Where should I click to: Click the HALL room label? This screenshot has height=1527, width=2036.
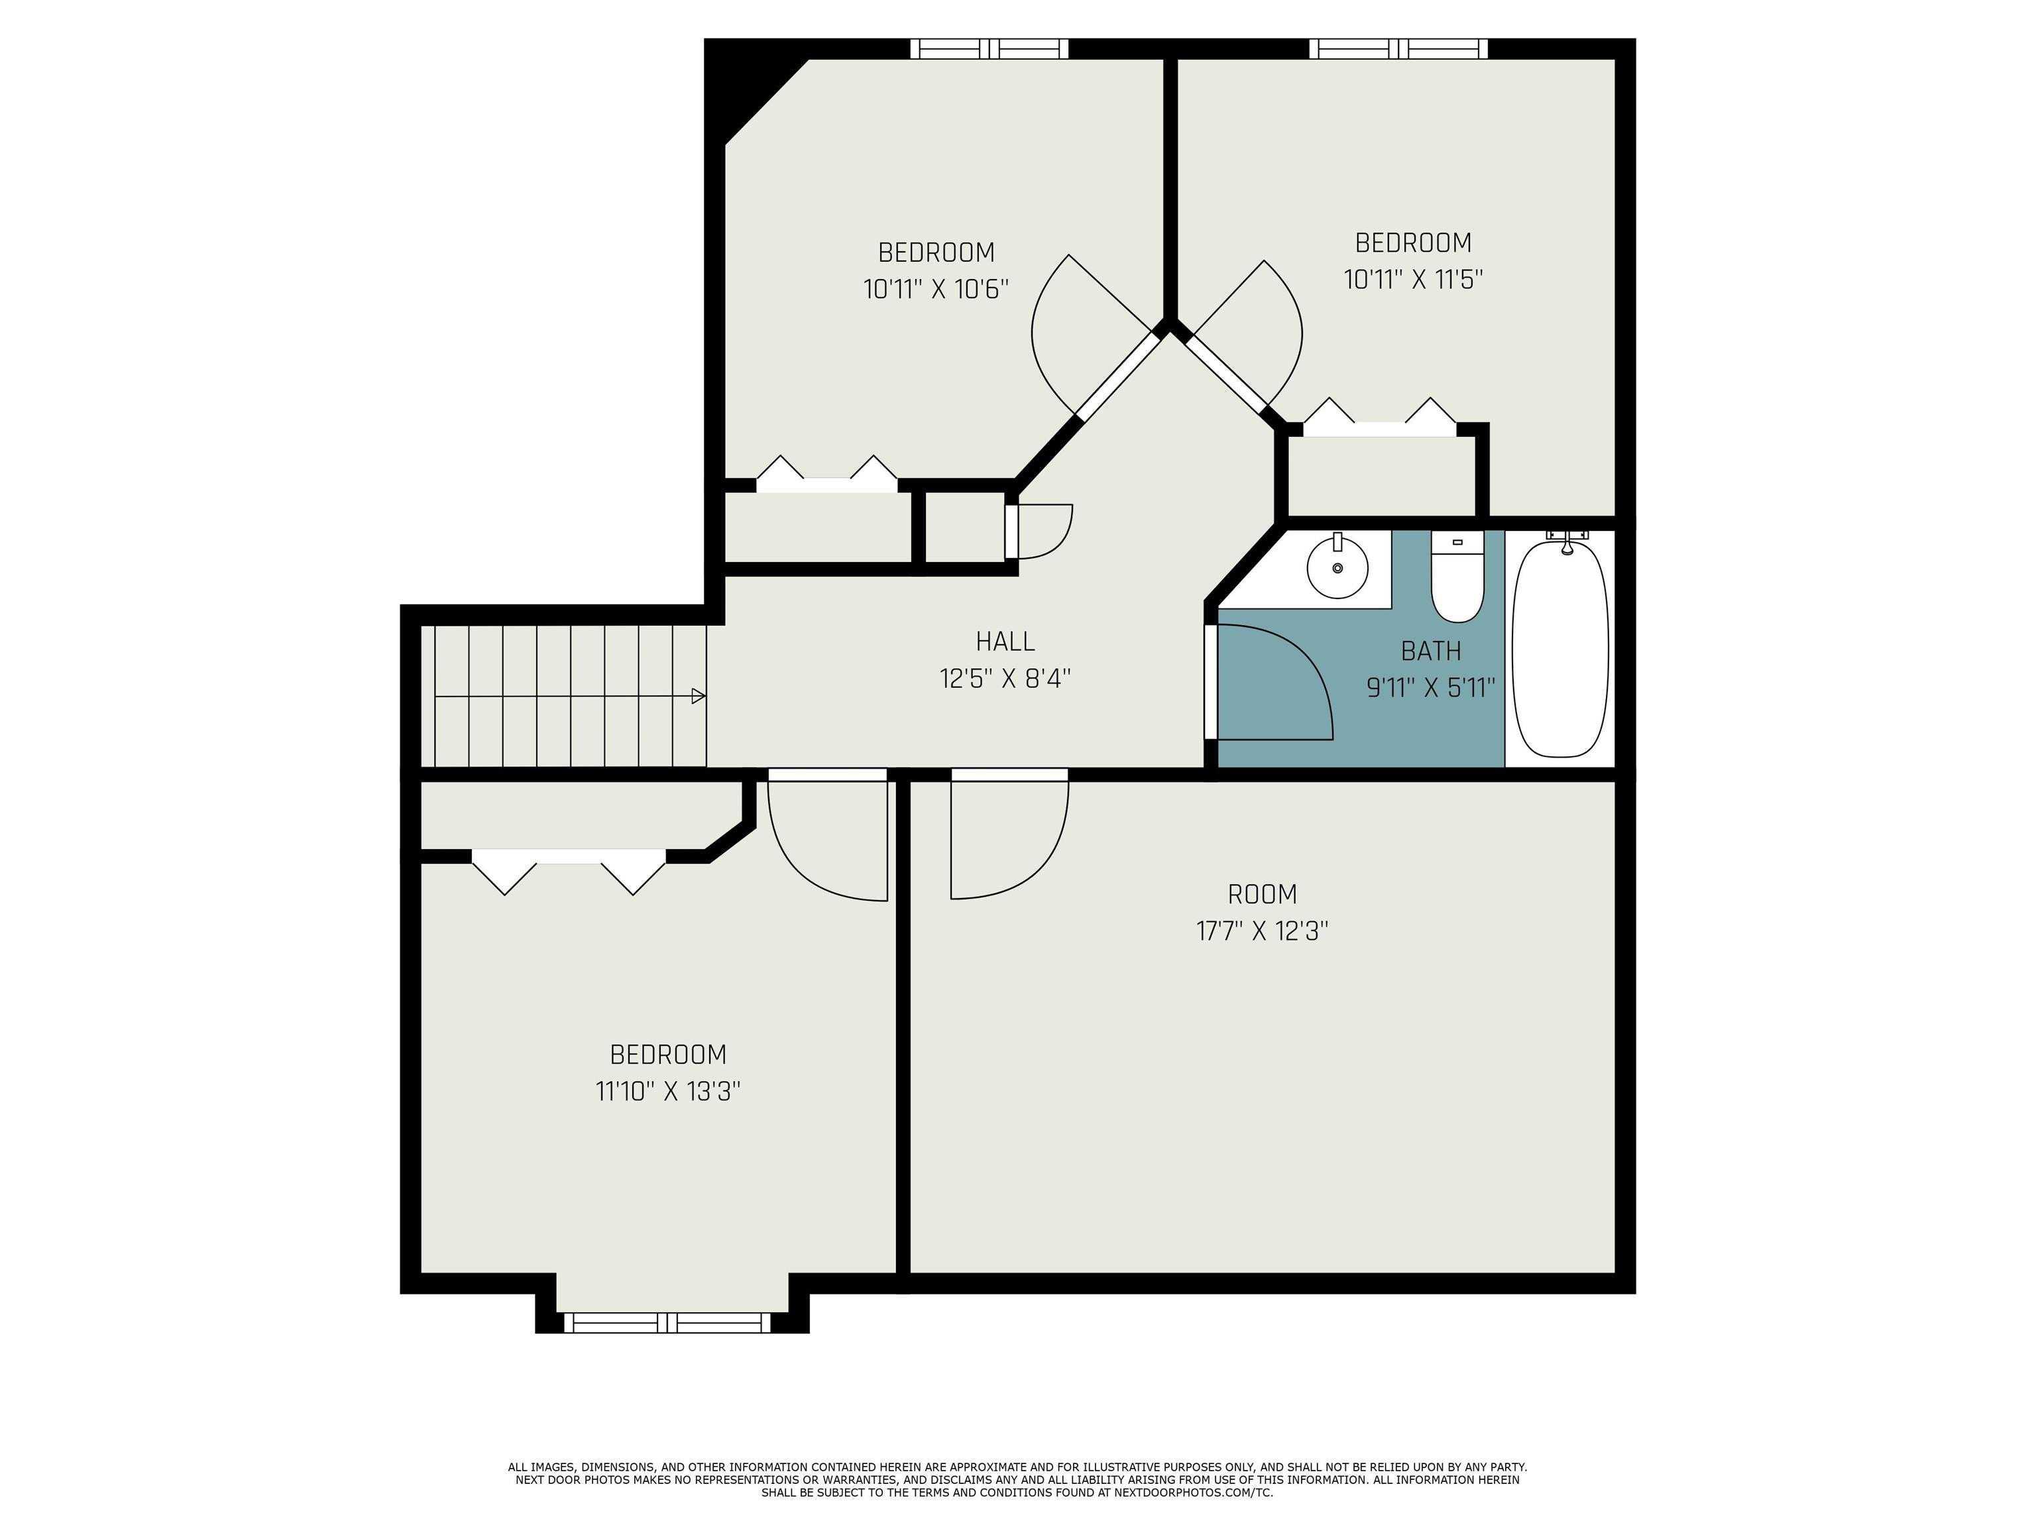pyautogui.click(x=1005, y=641)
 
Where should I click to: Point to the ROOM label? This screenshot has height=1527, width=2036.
pyautogui.click(x=1262, y=894)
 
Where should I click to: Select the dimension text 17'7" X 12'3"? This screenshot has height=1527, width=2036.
pyautogui.click(x=1262, y=931)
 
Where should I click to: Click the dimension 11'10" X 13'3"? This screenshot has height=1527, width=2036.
pyautogui.click(x=667, y=1092)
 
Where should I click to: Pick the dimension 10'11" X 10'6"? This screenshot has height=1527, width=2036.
pyautogui.click(x=936, y=289)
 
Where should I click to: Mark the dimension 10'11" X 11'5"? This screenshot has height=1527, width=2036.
pyautogui.click(x=1413, y=279)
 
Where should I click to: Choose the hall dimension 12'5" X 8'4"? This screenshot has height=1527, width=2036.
pyautogui.click(x=1005, y=679)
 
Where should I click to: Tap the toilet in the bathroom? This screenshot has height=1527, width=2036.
pyautogui.click(x=1457, y=577)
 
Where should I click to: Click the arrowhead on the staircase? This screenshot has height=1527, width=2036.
pyautogui.click(x=699, y=696)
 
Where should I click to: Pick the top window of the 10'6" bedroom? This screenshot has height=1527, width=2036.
pyautogui.click(x=990, y=49)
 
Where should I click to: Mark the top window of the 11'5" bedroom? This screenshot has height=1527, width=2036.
pyautogui.click(x=1399, y=49)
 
